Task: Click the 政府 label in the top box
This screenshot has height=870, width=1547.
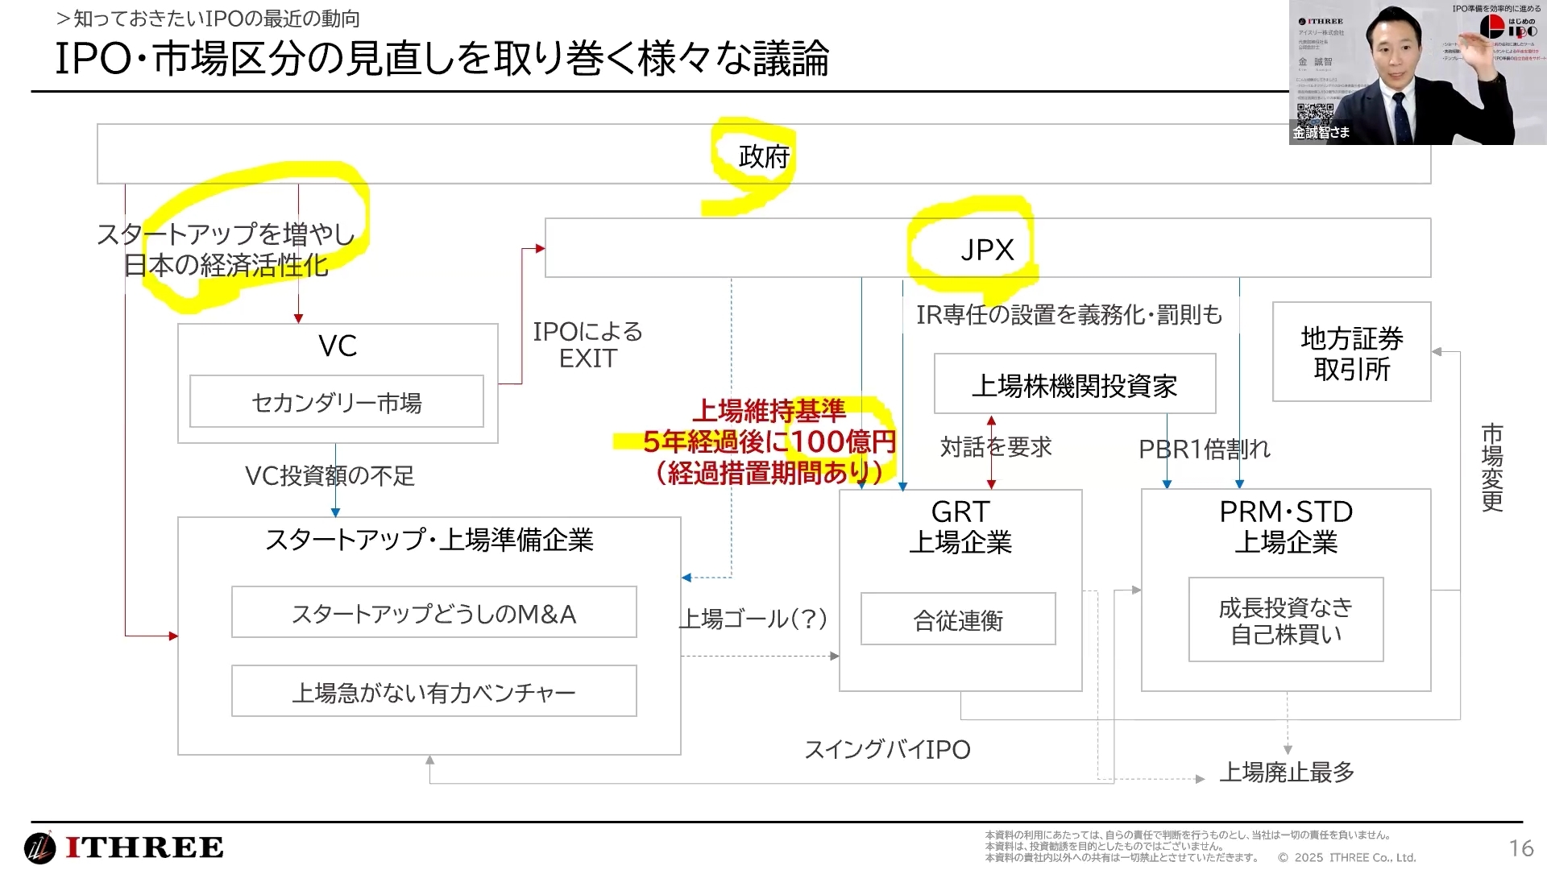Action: pos(763,156)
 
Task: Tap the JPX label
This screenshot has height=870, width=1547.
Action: pos(987,250)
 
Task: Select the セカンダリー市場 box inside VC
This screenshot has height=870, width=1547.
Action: pos(337,402)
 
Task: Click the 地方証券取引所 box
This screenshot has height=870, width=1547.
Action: pos(1351,353)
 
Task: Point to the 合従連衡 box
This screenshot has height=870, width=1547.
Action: pos(958,619)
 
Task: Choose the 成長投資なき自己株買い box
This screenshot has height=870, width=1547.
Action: pos(1285,620)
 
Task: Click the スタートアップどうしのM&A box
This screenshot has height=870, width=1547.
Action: pos(433,614)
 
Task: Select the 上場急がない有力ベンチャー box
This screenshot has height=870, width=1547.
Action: pos(433,692)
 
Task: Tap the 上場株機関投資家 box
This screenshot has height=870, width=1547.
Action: pos(1074,385)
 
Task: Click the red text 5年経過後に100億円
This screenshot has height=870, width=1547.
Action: pos(769,441)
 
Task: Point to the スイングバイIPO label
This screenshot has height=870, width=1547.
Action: pos(887,749)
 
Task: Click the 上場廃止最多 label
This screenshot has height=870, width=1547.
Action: pos(1286,772)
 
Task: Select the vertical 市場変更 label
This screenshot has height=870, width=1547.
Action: pos(1491,467)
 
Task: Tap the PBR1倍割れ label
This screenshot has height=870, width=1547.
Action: pos(1204,449)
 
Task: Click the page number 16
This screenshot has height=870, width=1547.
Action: pos(1520,847)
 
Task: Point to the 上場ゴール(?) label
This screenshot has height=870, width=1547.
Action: pos(753,619)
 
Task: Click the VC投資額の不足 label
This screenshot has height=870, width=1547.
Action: pos(330,475)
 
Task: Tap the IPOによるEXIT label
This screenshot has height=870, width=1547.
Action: pos(587,345)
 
